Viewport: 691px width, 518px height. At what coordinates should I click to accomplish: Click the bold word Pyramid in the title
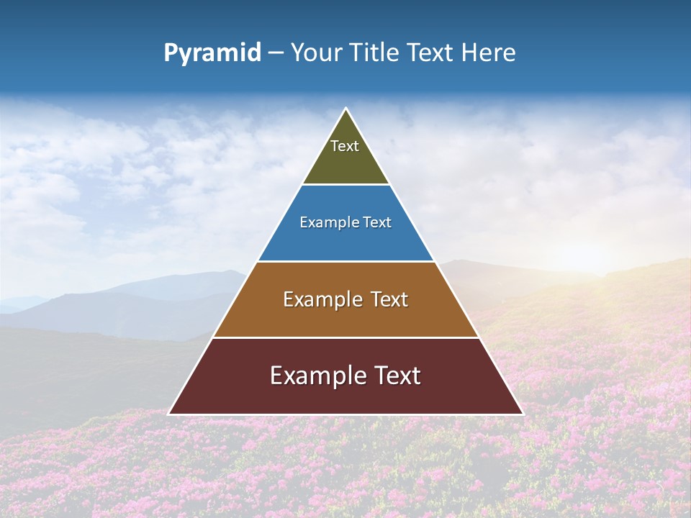[x=212, y=53]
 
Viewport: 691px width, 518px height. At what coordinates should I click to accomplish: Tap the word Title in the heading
[x=376, y=53]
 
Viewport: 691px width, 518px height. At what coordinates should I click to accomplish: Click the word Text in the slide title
[x=430, y=53]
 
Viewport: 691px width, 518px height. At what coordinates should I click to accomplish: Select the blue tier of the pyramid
[x=345, y=241]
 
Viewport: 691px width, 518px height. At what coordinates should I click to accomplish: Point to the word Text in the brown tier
[x=389, y=300]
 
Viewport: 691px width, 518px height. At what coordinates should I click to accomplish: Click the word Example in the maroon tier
[x=317, y=376]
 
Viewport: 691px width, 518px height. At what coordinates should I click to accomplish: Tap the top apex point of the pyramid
[x=346, y=109]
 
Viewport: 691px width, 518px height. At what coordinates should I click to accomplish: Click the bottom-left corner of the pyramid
[x=169, y=414]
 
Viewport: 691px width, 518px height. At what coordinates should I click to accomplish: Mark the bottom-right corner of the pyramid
[x=523, y=414]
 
